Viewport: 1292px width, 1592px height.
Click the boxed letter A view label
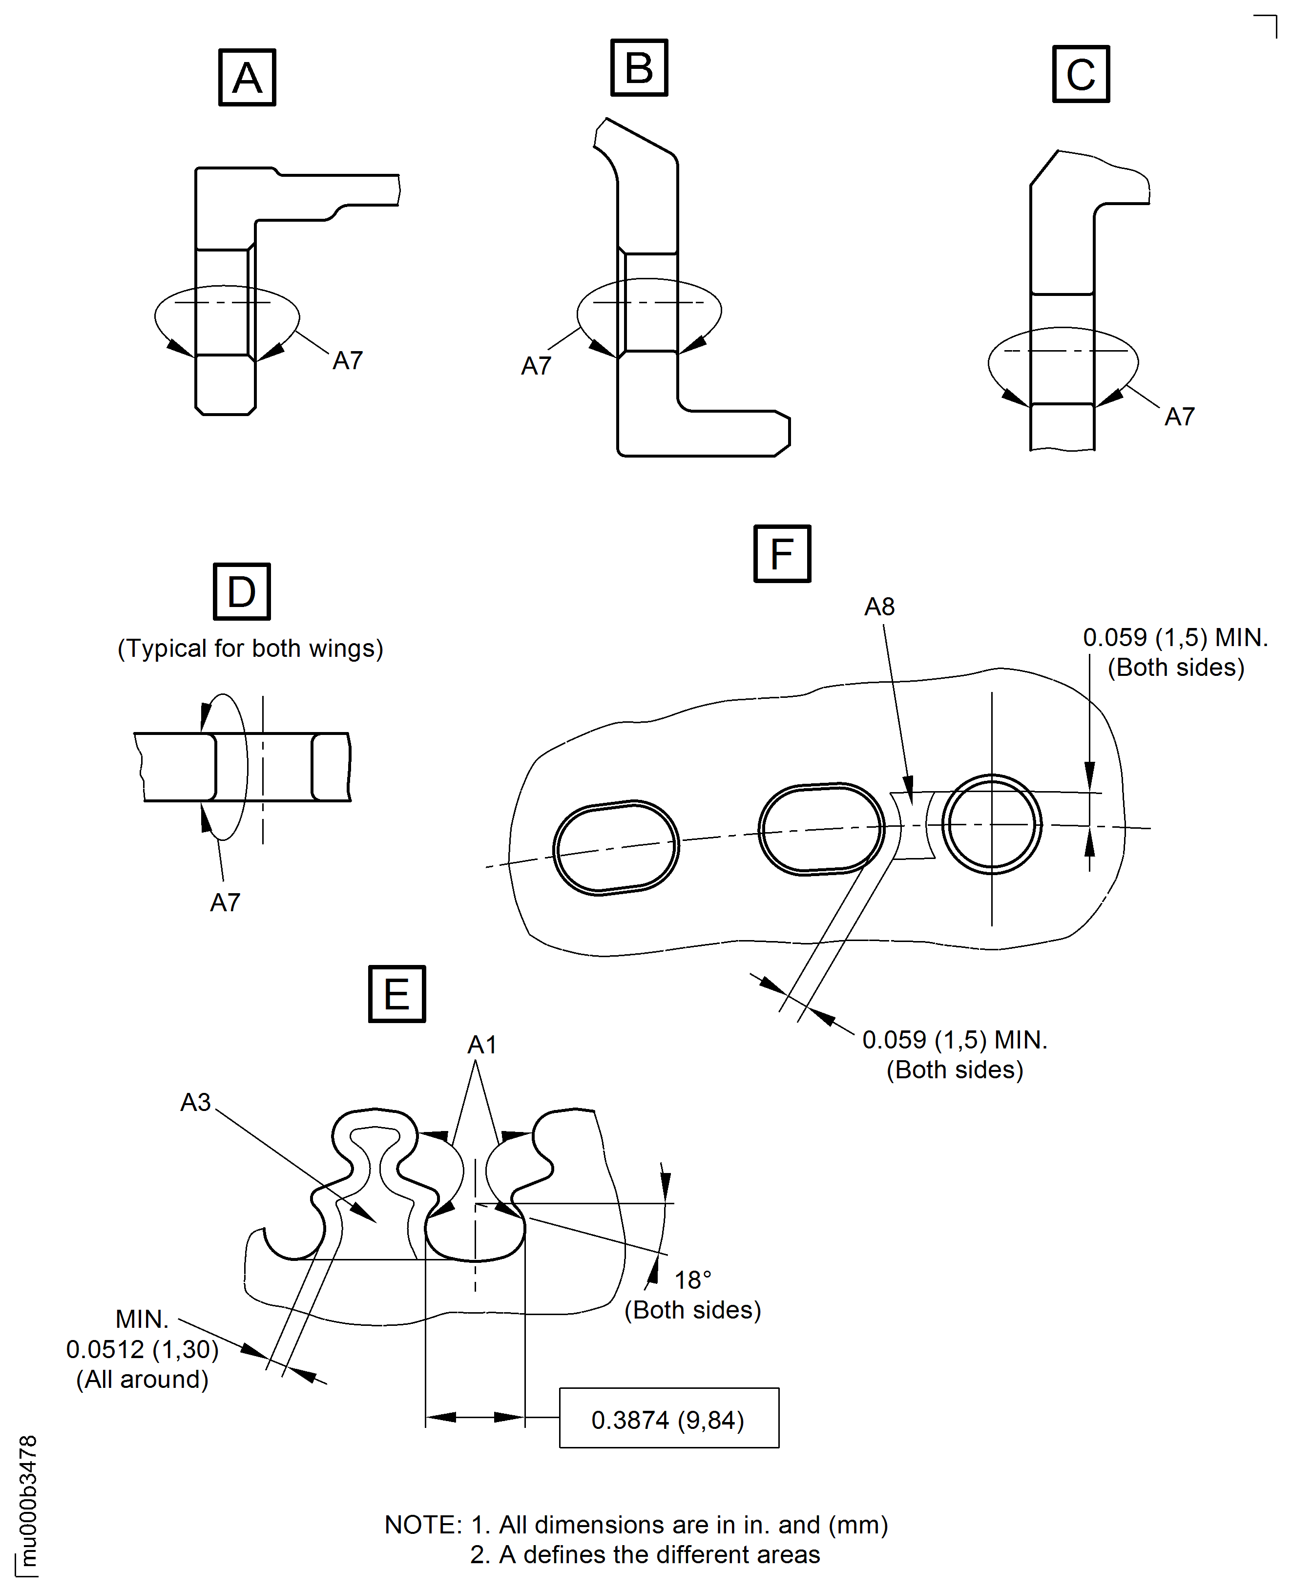pos(247,78)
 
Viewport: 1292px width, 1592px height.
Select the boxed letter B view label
pos(639,68)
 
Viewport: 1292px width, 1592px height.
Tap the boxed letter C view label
pos(1081,74)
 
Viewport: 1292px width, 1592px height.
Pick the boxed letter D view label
pos(241,592)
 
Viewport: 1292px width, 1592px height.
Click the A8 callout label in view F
pos(879,607)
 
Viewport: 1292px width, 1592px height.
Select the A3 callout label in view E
pos(196,1102)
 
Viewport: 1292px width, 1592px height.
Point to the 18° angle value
pos(692,1279)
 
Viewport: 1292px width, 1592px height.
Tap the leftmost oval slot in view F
pos(616,848)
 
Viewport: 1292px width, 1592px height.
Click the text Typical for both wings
pos(250,648)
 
